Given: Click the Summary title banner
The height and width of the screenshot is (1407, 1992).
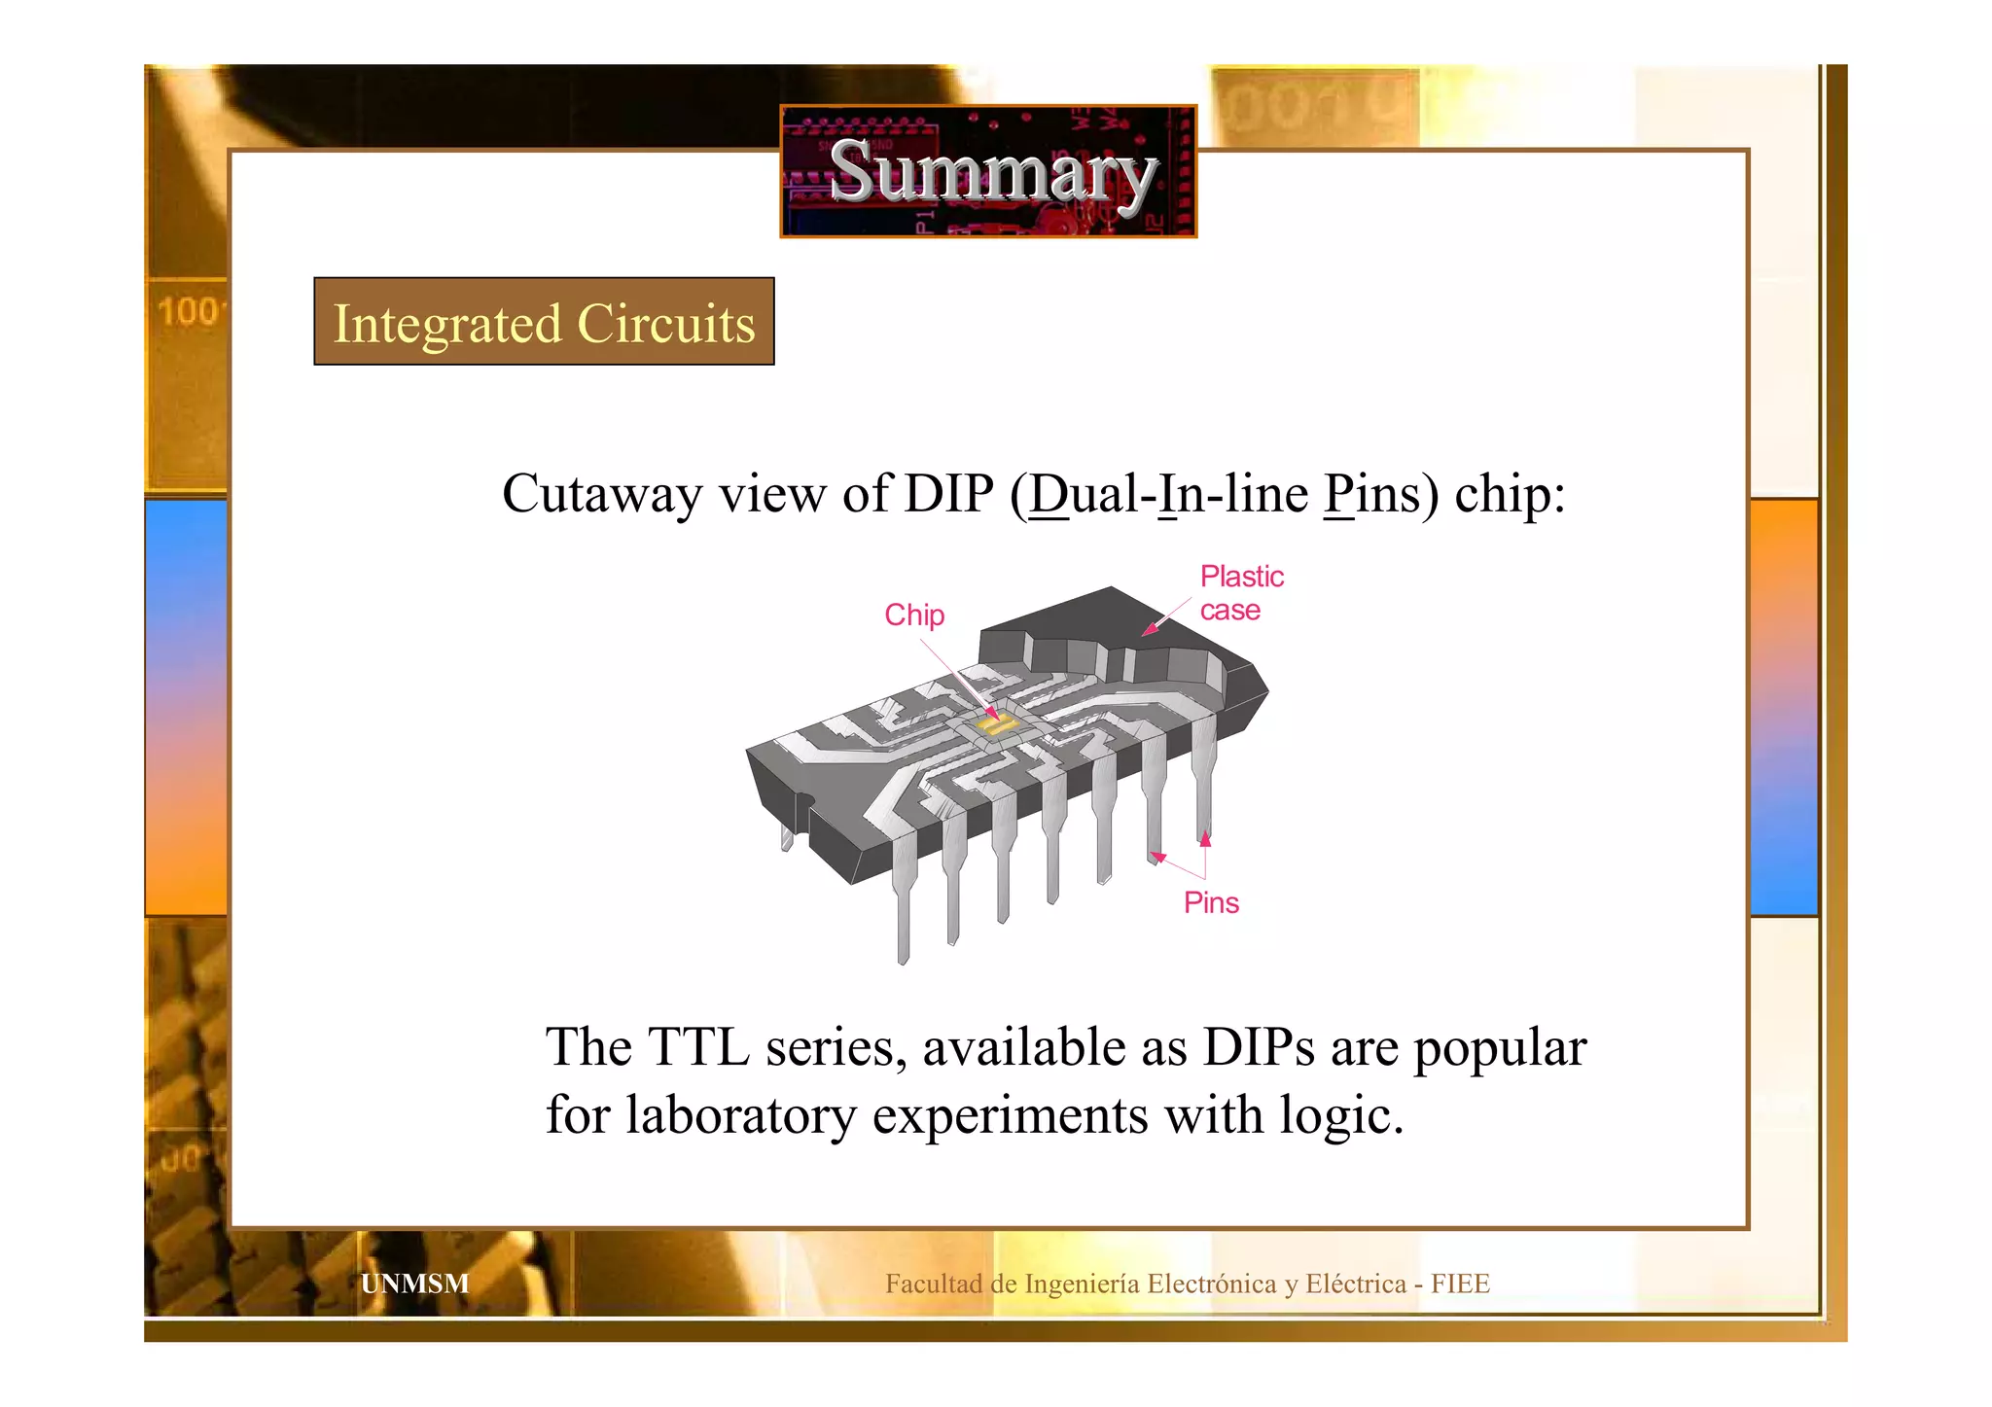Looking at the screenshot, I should coord(988,171).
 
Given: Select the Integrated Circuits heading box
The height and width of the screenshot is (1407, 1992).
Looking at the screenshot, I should coord(544,322).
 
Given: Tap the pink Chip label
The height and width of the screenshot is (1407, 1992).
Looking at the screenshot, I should coord(914,615).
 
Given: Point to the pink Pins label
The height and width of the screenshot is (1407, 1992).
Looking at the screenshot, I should coord(1211,902).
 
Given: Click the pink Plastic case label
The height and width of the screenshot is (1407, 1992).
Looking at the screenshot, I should coord(1241,593).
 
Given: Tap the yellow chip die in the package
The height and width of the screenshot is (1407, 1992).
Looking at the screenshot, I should coord(996,724).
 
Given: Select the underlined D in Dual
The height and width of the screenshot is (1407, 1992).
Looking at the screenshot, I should coord(1049,494).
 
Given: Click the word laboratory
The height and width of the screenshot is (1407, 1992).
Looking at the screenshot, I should coord(740,1114).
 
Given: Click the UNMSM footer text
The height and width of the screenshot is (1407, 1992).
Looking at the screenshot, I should coord(414,1284).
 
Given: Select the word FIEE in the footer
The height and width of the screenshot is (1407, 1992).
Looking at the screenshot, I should coord(1460,1284).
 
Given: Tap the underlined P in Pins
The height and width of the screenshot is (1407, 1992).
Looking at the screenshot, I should coord(1339,494).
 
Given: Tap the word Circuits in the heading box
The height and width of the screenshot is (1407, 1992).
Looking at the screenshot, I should coord(666,323).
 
